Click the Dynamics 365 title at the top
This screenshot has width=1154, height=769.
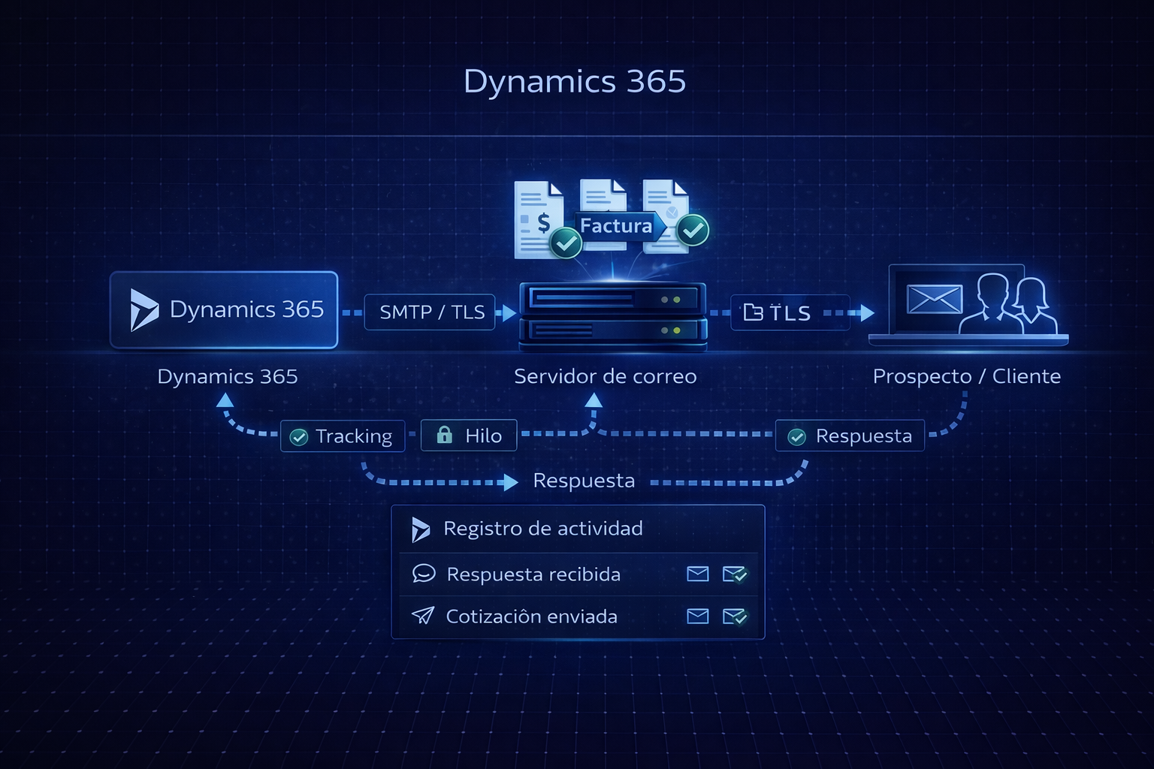coord(575,81)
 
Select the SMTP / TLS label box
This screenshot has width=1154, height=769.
coord(430,312)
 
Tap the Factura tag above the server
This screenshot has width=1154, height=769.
coord(616,225)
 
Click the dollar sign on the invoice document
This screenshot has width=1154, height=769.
coord(543,222)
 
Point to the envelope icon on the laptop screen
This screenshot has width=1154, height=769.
coord(935,299)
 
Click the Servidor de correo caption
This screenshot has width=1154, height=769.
coord(605,376)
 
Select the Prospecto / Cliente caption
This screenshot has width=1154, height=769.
coord(966,376)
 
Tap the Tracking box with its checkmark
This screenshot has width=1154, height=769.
coord(343,436)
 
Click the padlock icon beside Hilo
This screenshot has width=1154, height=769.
coord(445,435)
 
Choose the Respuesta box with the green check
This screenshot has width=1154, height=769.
coord(850,436)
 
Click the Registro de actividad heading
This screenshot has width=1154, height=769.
coord(542,529)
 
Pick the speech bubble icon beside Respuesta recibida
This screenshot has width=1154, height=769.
coord(424,574)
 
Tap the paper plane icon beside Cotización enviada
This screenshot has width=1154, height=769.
coord(423,616)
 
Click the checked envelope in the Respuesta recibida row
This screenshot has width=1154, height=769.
coord(734,574)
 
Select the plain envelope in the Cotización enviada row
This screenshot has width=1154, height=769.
coord(698,617)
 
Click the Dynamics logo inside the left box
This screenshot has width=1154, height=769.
coord(143,309)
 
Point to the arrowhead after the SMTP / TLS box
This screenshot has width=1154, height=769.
coord(509,312)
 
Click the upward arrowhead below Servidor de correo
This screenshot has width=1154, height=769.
coord(594,400)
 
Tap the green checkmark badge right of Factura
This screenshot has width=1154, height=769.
coord(693,230)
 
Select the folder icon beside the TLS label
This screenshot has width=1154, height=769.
coord(753,312)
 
